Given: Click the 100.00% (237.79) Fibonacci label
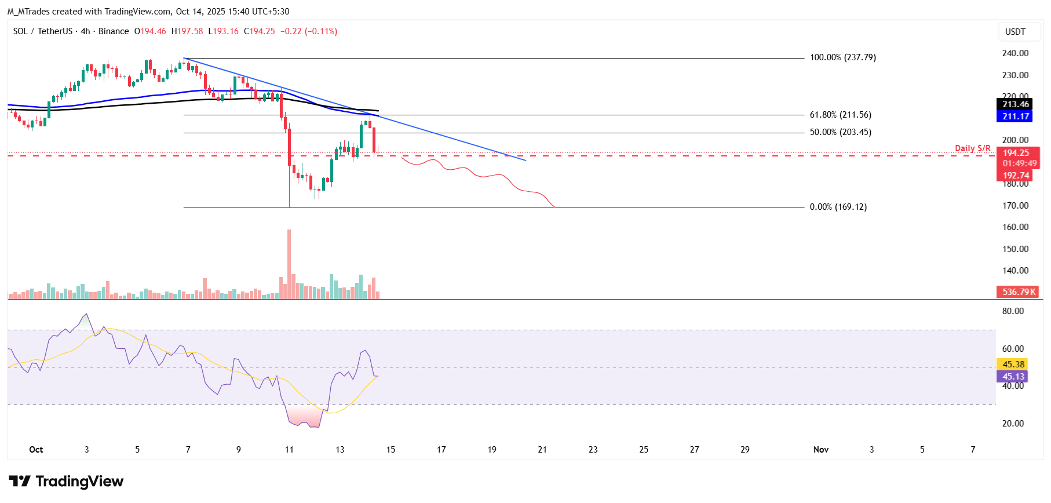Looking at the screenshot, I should click(x=842, y=57).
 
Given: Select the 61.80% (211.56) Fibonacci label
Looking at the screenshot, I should click(x=840, y=115).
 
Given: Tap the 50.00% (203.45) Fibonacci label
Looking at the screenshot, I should click(x=840, y=132).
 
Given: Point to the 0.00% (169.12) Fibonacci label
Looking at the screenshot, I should click(x=838, y=207).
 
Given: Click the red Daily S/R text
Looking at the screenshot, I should click(x=972, y=148).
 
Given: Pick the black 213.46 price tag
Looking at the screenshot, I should click(x=1016, y=104).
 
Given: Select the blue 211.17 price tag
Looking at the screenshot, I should click(x=1016, y=116).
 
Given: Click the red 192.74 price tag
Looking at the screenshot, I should click(x=1016, y=176).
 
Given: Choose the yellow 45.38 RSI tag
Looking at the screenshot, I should click(x=1013, y=365).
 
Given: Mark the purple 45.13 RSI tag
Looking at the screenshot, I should click(x=1013, y=377).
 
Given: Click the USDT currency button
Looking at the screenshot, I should click(x=1014, y=32).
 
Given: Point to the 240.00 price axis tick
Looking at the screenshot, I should click(x=1015, y=53).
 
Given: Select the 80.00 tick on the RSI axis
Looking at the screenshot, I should click(x=1013, y=311).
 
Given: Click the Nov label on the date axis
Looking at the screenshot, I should click(x=820, y=450).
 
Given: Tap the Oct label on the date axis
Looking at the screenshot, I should click(x=36, y=450).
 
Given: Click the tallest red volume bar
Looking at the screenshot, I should click(x=289, y=264).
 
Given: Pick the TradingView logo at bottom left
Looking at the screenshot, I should click(x=66, y=482).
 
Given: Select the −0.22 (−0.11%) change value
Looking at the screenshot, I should click(x=308, y=31).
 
